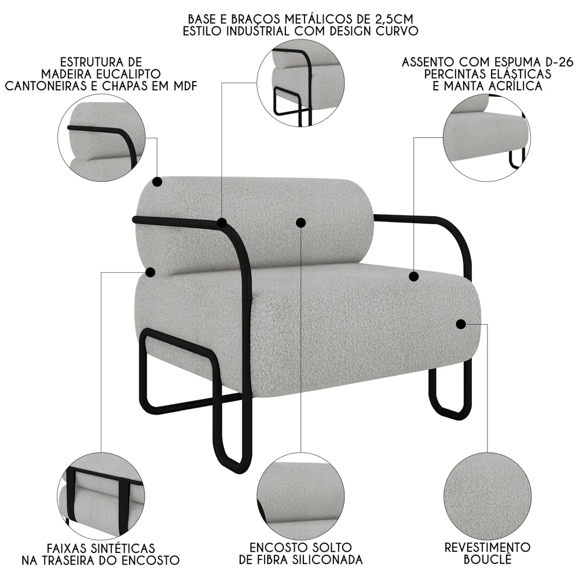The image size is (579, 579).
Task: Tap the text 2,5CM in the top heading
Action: pos(397,19)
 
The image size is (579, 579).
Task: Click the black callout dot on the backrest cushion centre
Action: pos(301,222)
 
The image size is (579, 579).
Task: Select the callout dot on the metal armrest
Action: pos(222,223)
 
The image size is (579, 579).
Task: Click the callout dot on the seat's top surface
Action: pos(413,276)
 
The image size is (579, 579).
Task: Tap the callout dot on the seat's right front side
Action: pos(461,324)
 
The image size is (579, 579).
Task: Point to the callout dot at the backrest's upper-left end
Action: pos(157,182)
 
